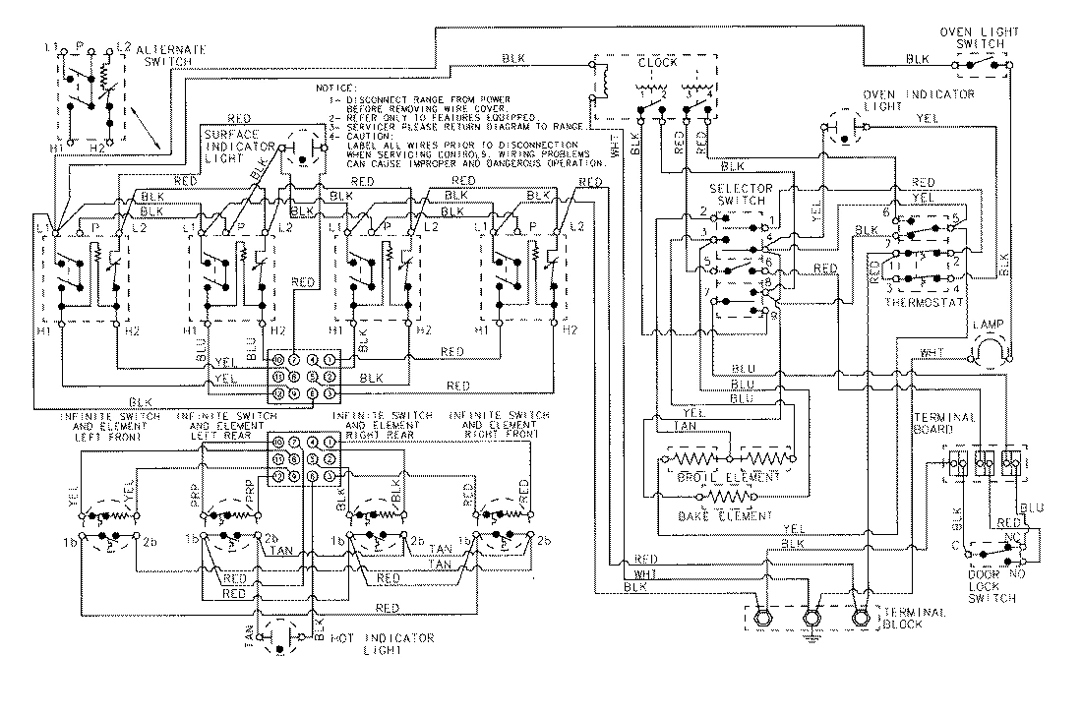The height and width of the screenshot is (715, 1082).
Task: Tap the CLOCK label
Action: [658, 61]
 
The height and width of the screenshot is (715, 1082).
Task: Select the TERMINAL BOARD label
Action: [943, 424]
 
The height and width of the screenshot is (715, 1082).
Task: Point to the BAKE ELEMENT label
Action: [724, 515]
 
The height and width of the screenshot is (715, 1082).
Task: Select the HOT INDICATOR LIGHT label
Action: [383, 645]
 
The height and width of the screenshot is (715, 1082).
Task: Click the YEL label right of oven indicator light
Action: [927, 117]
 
